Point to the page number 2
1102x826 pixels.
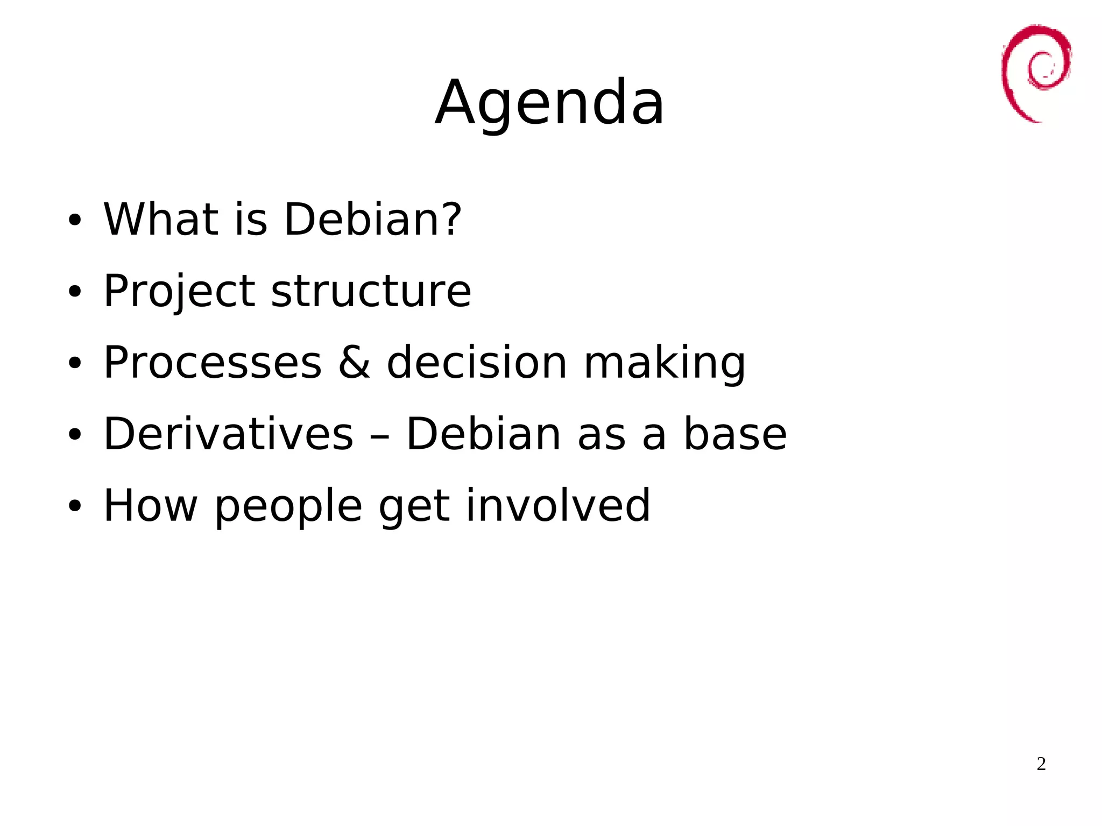pos(1041,764)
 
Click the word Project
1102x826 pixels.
pos(179,292)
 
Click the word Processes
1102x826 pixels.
pos(213,362)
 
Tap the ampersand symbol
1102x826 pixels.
pos(354,362)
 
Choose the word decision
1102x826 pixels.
pos(477,362)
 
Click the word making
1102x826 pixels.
pos(665,363)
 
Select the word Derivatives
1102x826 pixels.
pos(228,434)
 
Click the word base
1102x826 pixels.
pos(735,434)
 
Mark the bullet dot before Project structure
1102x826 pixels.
pos(74,291)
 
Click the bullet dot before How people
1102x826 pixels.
pos(74,506)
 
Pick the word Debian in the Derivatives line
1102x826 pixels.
pos(483,434)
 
